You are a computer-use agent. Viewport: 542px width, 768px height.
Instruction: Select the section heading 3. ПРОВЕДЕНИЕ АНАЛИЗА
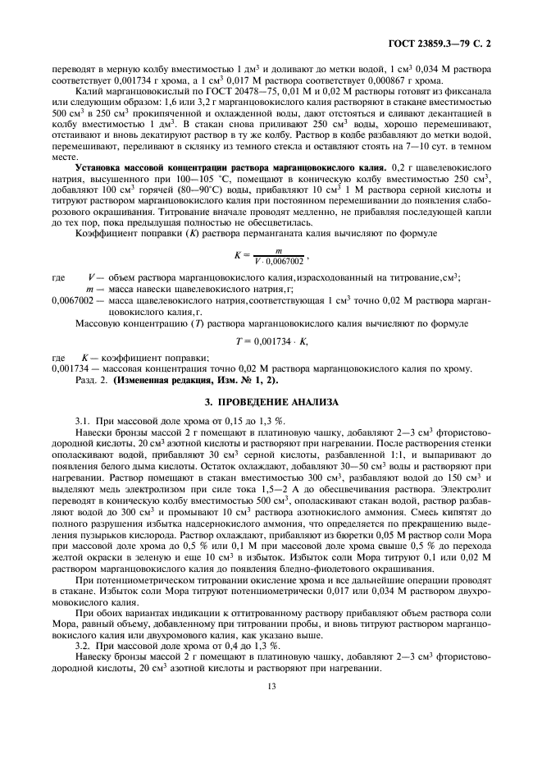click(271, 402)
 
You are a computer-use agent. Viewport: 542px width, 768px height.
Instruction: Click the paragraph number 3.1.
click(83, 420)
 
